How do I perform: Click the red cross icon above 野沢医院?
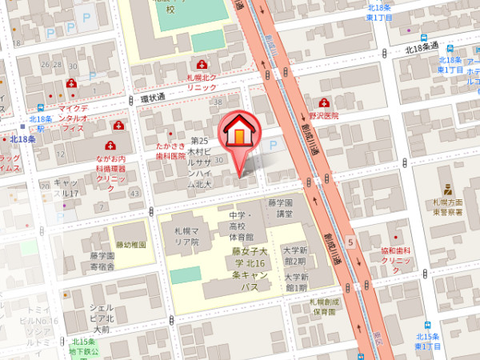pos(324,102)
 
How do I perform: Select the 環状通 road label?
pos(152,98)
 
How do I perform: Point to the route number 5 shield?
pos(350,241)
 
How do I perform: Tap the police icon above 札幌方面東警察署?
pos(451,191)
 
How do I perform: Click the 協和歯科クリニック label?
pos(395,256)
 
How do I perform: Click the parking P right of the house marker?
pos(274,146)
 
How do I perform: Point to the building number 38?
pos(217,102)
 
